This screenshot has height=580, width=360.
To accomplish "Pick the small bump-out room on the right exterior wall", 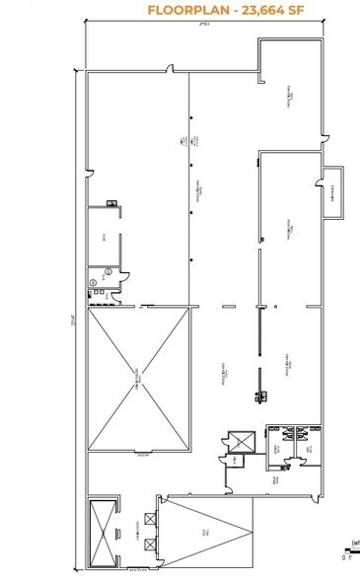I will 335,190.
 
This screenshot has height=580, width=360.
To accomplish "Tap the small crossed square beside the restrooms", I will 237,440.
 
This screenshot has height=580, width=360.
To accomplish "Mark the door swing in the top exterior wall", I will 173,70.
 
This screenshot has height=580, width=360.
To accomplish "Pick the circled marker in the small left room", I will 96,282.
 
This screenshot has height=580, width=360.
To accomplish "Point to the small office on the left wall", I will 104,237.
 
